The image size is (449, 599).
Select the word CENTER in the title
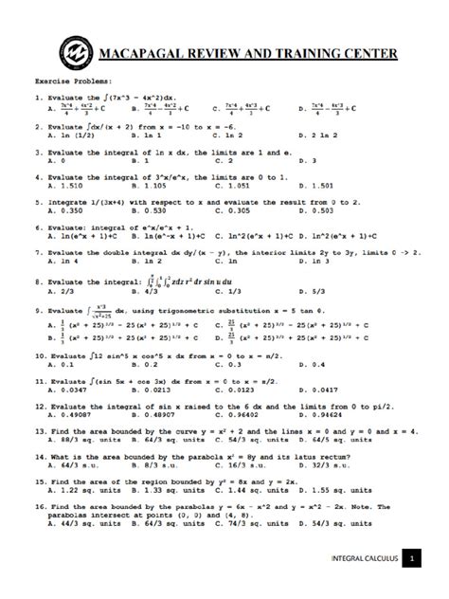[x=365, y=53]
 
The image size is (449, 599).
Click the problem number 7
[x=37, y=253]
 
